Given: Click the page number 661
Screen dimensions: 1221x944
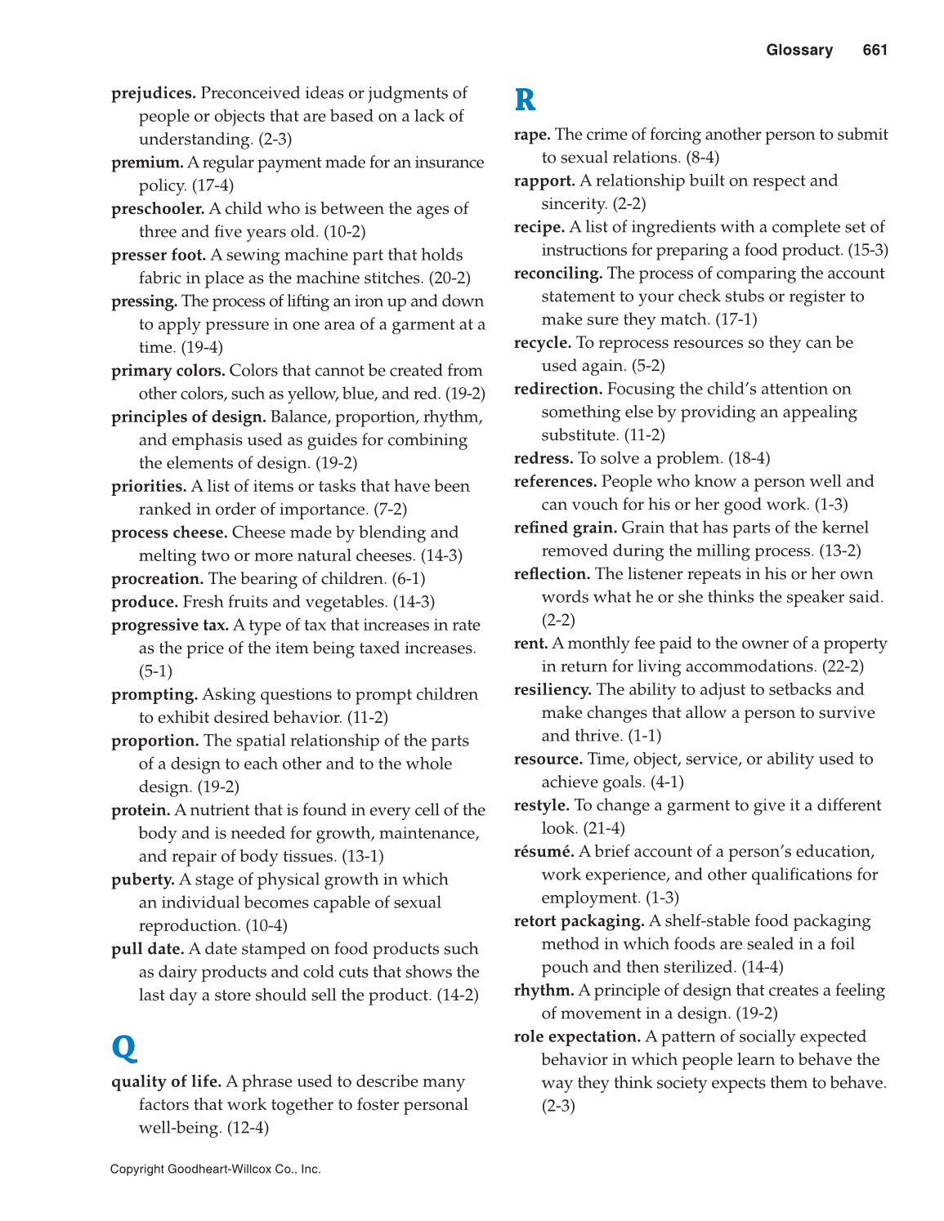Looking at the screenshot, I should (875, 50).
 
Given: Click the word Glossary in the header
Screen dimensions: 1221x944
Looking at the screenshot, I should (799, 50).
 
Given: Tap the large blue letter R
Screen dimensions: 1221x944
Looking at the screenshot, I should (525, 100).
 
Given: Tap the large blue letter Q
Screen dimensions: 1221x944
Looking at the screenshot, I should (124, 1046).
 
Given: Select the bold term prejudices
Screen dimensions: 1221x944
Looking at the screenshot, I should (153, 93).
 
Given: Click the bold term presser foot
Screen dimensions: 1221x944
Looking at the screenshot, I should (159, 255).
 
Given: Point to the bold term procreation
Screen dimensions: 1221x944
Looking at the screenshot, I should (157, 578).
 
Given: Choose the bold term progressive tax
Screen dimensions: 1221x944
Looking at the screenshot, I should (170, 625).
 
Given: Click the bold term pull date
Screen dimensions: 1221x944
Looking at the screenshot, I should (147, 949).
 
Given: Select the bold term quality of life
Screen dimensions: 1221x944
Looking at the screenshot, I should (166, 1081).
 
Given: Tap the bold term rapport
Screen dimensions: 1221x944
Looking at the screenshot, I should (544, 180).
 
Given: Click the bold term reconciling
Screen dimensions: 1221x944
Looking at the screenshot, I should (557, 273).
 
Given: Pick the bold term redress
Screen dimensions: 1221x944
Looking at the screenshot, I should (543, 458).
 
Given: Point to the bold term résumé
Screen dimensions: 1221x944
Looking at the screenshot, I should (544, 851).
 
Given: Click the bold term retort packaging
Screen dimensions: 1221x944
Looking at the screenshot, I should (579, 920).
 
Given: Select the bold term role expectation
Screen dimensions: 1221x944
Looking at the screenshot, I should (576, 1036).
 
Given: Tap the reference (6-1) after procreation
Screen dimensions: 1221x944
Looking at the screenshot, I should (408, 578).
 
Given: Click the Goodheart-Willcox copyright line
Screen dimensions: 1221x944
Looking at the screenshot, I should (215, 1169).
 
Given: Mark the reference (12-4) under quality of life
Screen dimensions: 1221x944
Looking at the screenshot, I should (248, 1128).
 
